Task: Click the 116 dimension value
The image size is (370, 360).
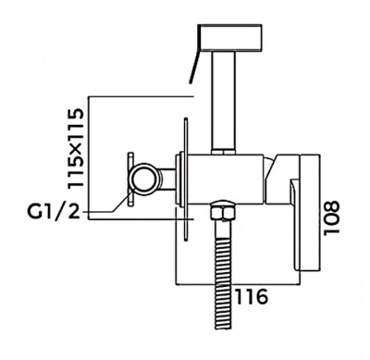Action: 252,296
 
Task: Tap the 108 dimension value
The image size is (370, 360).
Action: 331,217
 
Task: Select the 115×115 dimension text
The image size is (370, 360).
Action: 76,147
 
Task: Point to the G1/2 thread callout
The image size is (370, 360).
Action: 54,211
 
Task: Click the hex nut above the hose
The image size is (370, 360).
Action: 223,211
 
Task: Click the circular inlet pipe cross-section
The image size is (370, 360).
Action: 145,179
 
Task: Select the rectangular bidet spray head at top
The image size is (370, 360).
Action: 230,38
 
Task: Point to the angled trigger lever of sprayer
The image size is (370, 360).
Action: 194,67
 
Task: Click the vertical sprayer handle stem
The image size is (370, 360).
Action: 224,101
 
